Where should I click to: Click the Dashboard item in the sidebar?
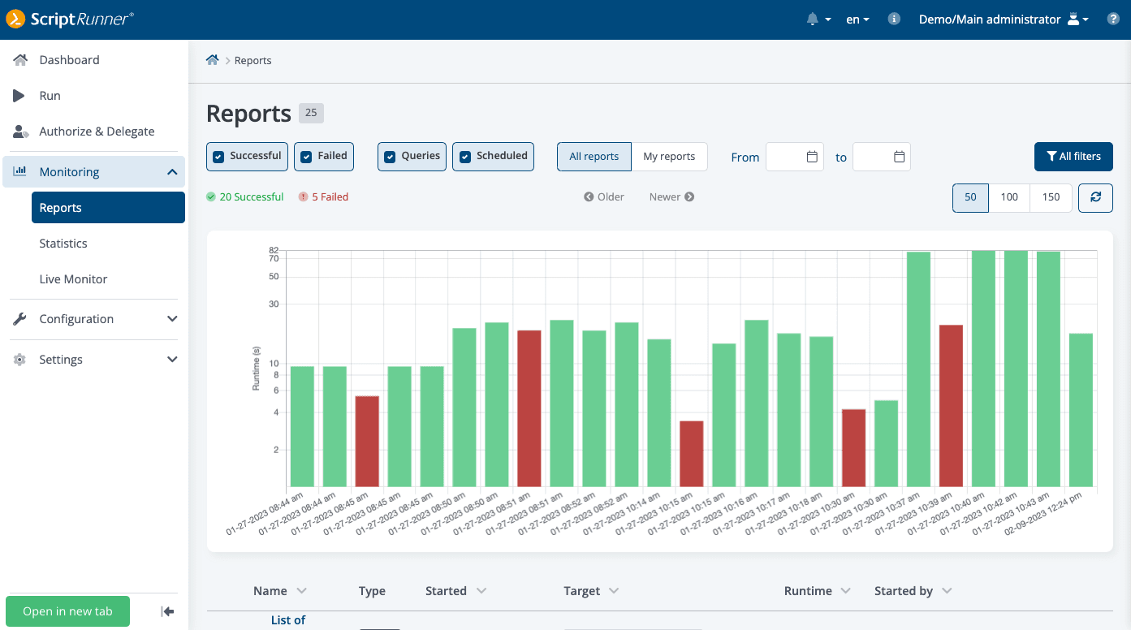(x=69, y=60)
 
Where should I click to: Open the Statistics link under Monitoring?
(x=63, y=244)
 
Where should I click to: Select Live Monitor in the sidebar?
(x=73, y=279)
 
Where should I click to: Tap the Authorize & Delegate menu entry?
(x=96, y=132)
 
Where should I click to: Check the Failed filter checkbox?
(x=306, y=157)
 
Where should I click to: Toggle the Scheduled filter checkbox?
(x=465, y=157)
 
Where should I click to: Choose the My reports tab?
(x=669, y=157)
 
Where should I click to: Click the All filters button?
(x=1073, y=157)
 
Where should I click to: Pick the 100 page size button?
(x=1009, y=197)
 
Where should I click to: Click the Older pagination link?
(x=604, y=197)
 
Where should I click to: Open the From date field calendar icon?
(x=812, y=157)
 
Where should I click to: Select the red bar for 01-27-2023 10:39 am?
(x=951, y=405)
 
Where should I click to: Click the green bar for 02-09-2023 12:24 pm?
(x=1081, y=409)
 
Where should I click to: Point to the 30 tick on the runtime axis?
(x=274, y=304)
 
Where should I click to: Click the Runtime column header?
(x=808, y=591)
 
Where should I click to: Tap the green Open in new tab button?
(x=67, y=611)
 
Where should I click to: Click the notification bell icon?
(x=812, y=19)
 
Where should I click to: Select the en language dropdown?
(x=857, y=19)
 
